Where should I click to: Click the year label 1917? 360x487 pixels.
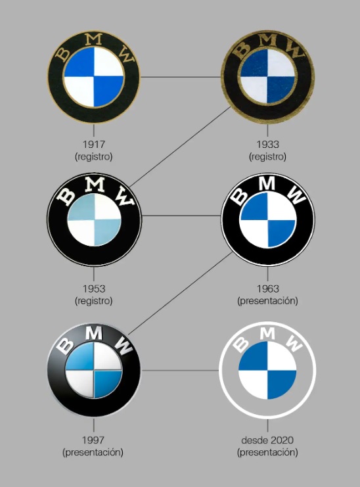(x=94, y=145)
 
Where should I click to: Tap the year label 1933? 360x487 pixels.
(x=267, y=145)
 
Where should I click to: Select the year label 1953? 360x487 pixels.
(x=94, y=289)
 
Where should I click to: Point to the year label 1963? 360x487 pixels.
(x=267, y=289)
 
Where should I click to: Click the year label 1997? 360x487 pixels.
(x=93, y=440)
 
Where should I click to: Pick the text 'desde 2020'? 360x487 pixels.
(x=267, y=440)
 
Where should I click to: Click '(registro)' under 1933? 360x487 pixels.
(x=267, y=156)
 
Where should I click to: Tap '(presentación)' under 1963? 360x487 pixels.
(x=267, y=300)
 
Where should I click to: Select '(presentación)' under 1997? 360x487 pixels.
(x=93, y=452)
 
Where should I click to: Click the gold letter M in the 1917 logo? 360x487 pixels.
(x=94, y=39)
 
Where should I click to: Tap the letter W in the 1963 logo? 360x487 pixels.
(x=297, y=195)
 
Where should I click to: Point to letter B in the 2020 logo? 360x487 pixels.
(x=241, y=344)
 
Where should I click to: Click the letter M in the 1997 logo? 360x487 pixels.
(x=94, y=333)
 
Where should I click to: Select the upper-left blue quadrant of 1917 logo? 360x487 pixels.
(x=79, y=62)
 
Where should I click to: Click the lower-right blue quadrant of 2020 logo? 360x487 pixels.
(x=282, y=384)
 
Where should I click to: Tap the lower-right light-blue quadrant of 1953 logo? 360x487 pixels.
(x=107, y=232)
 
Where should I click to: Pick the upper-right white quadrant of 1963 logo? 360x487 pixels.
(x=281, y=206)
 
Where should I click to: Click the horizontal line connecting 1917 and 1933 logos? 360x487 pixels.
(x=181, y=77)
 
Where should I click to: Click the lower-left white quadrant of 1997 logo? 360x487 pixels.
(x=80, y=384)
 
